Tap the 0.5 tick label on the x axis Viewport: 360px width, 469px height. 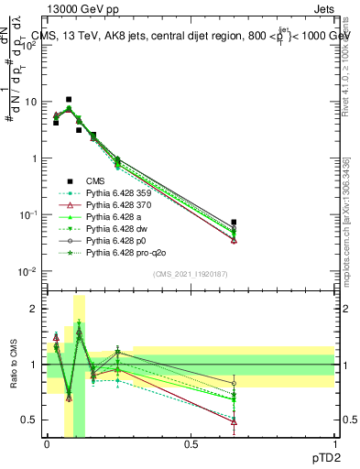point(191,443)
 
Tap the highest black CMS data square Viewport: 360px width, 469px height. point(69,99)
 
